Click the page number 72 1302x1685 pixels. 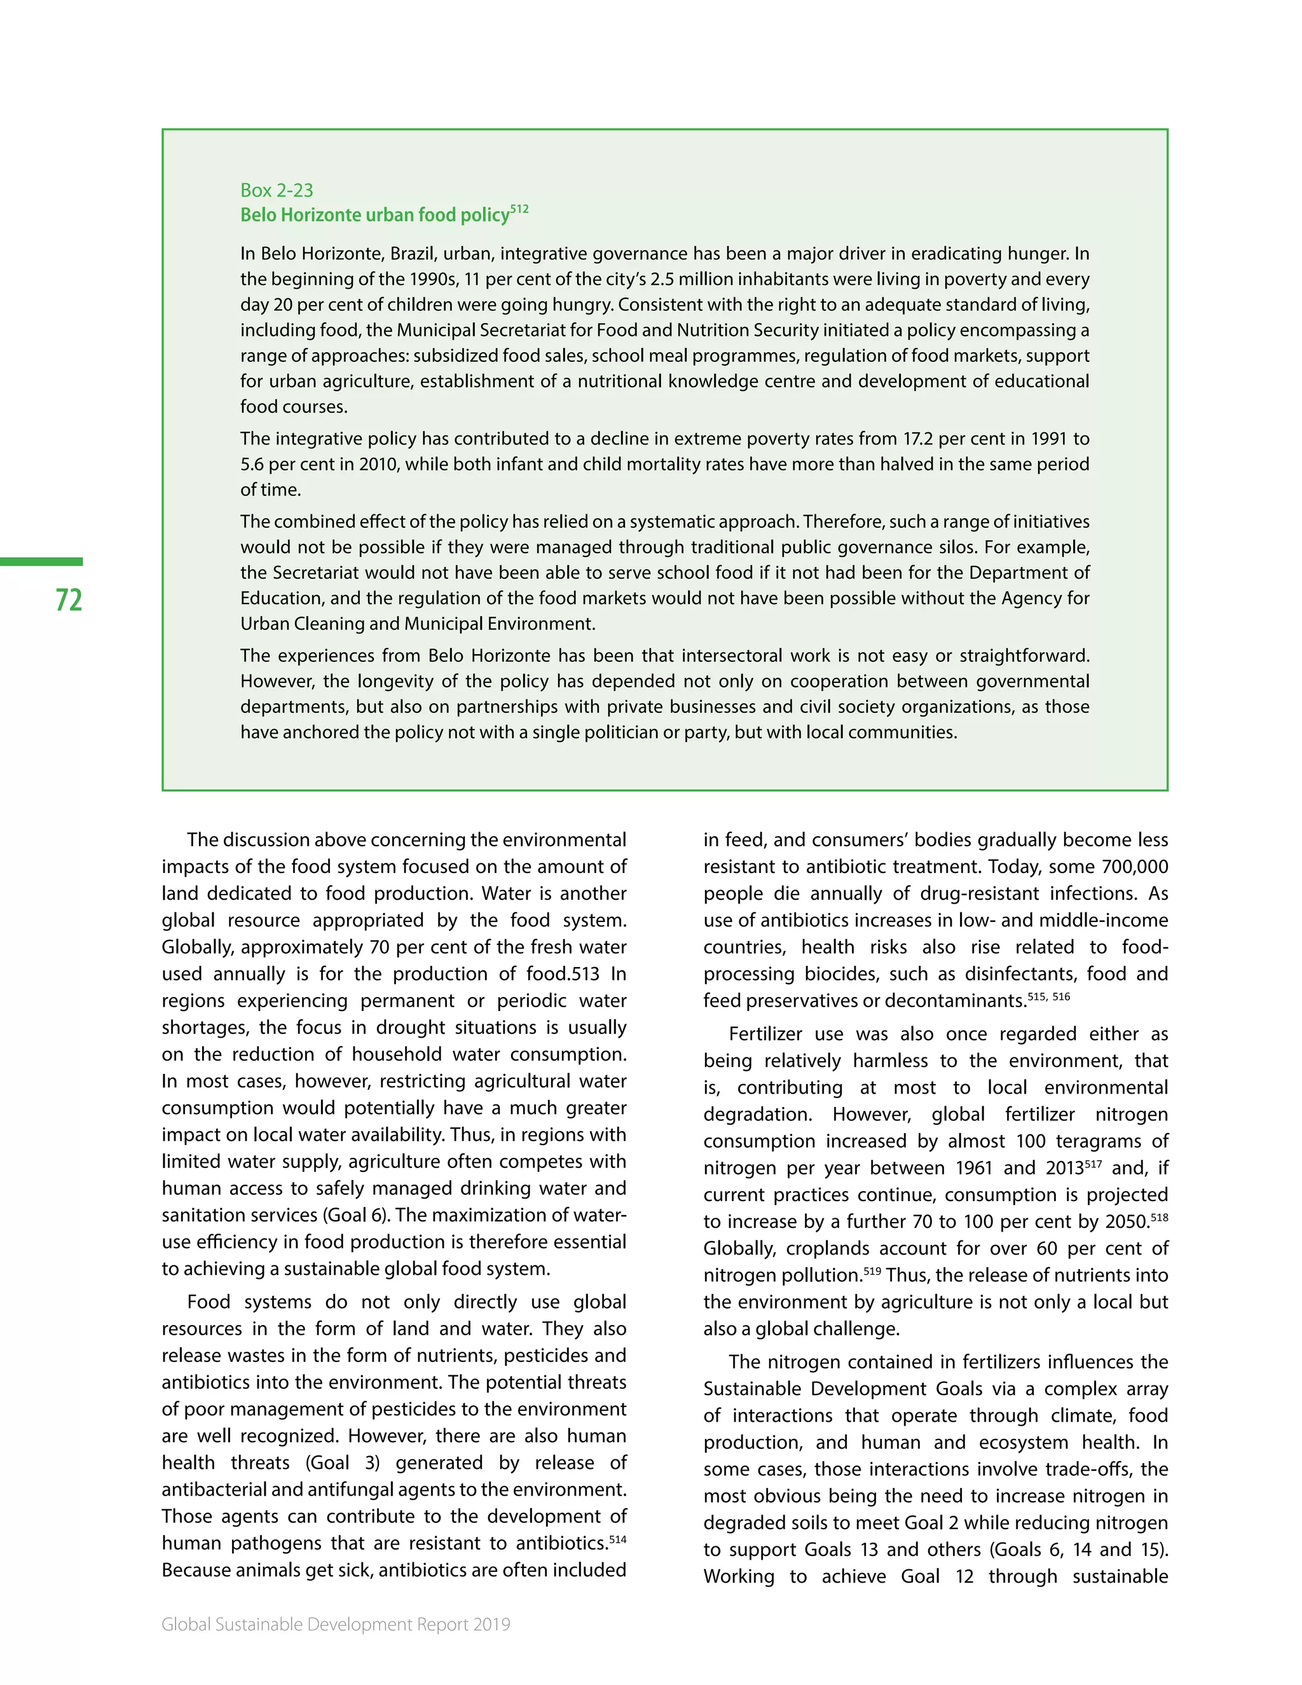pos(69,600)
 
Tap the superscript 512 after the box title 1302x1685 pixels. pos(519,209)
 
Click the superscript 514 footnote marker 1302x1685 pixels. pos(617,1539)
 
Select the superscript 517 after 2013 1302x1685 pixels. pos(1093,1164)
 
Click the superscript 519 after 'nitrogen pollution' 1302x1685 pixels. pos(872,1270)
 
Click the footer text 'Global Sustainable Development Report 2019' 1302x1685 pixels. pos(336,1624)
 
